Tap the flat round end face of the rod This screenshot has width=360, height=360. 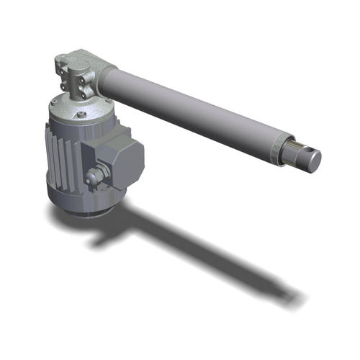click(313, 161)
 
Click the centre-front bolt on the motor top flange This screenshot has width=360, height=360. click(81, 114)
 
